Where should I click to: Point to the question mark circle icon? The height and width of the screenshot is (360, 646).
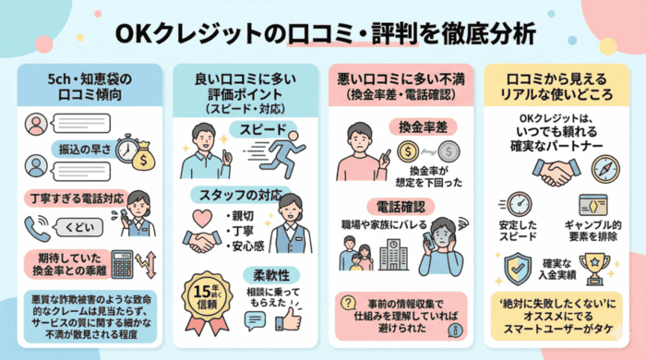coord(348,304)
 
